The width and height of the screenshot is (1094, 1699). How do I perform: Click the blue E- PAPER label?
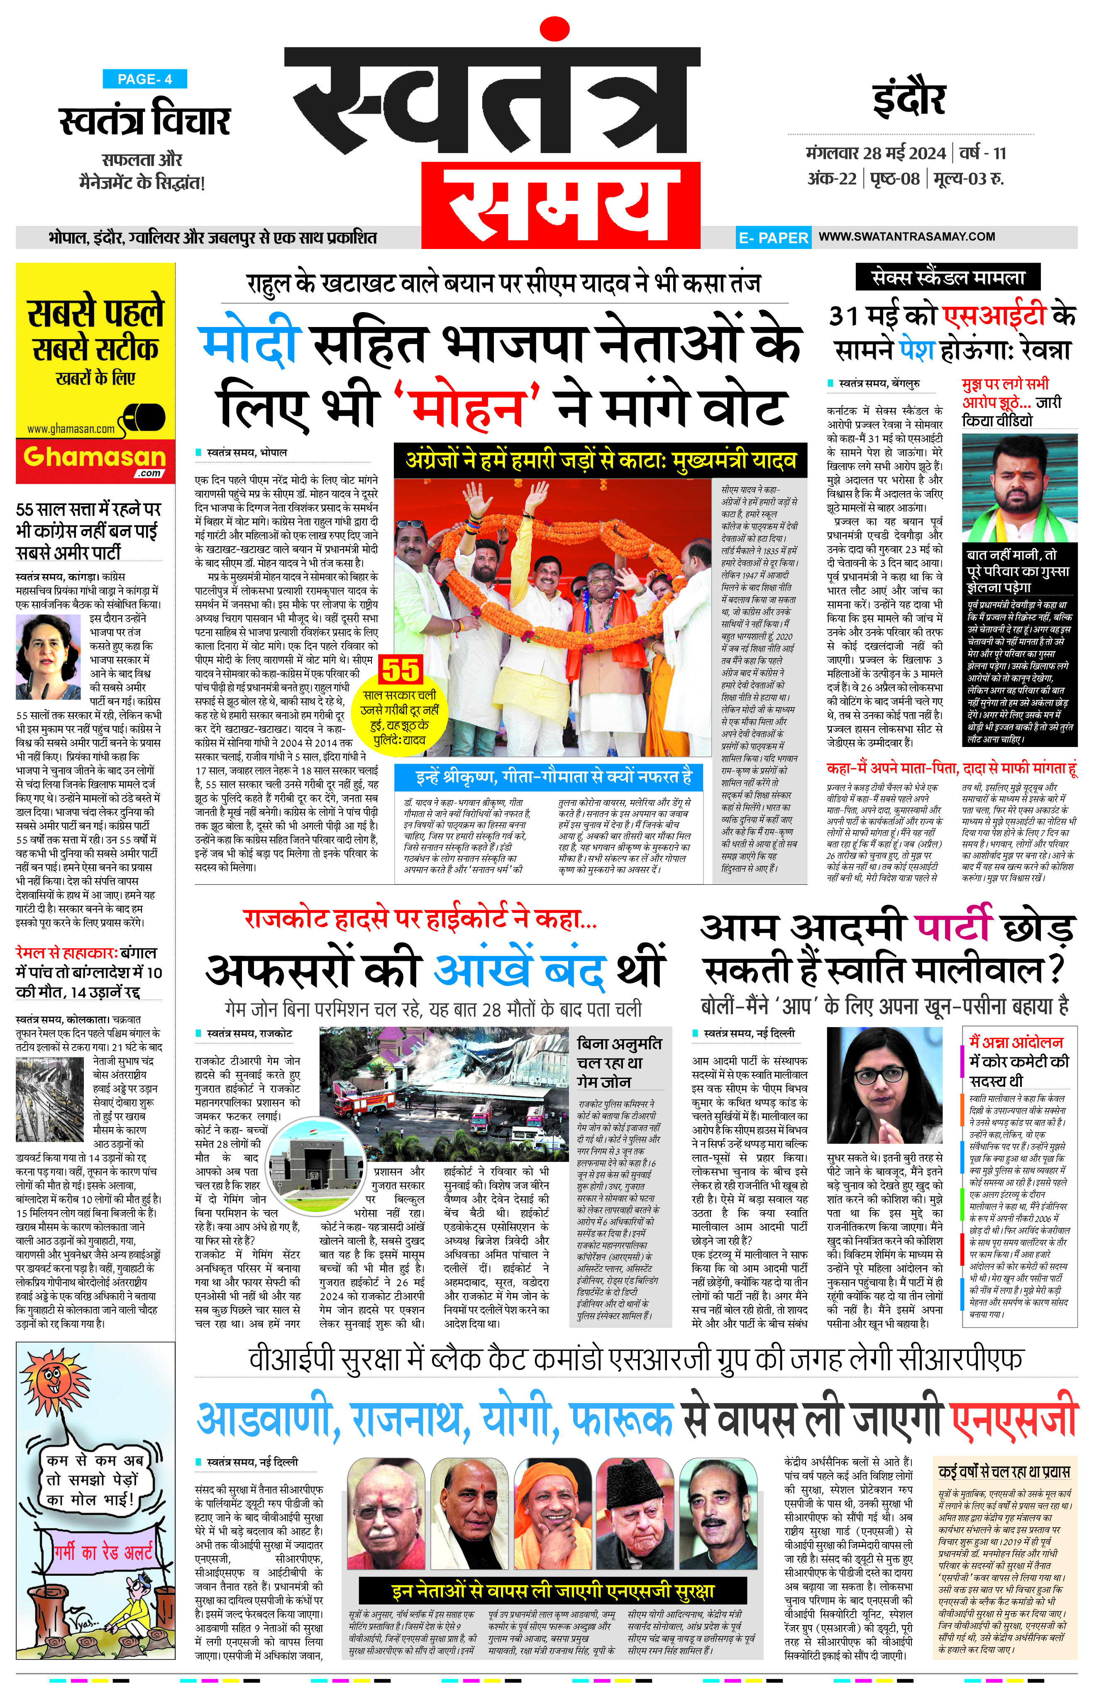click(773, 238)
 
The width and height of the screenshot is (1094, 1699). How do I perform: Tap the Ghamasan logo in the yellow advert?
click(95, 458)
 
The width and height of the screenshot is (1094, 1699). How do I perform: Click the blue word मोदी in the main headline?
click(250, 344)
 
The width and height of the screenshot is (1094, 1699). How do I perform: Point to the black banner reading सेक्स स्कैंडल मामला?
click(947, 278)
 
